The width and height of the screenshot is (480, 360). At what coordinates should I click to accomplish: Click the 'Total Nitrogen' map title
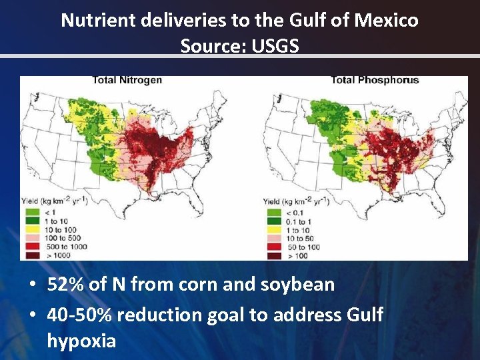tap(127, 81)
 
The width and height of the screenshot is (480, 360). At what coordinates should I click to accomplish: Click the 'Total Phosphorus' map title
tap(375, 81)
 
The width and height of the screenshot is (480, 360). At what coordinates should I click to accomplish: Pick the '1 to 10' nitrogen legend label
tap(57, 220)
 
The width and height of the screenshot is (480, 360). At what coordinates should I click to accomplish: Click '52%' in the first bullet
tap(65, 285)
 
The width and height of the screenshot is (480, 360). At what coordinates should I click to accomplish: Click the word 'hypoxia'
tap(81, 341)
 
